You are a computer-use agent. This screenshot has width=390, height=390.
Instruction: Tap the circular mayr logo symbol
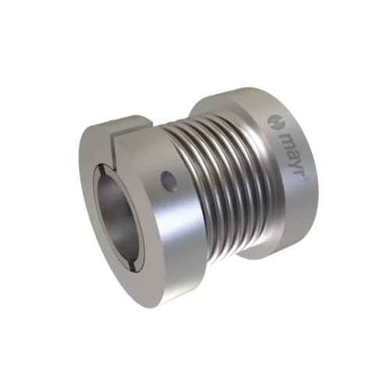coord(275,122)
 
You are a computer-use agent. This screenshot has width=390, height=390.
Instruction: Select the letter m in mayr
coord(285,140)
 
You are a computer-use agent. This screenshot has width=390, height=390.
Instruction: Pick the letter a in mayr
coord(290,154)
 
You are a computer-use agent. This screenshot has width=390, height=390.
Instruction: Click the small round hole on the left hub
coord(168,182)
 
